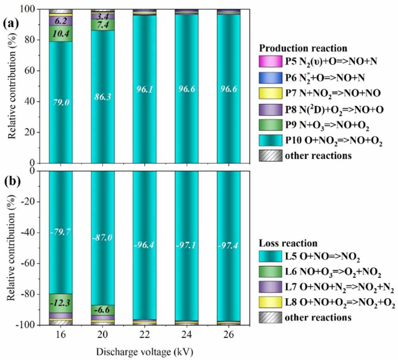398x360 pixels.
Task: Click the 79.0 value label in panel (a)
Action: (x=61, y=102)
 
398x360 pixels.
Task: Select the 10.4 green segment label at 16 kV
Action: (x=61, y=34)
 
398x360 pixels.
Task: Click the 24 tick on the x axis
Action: (x=186, y=336)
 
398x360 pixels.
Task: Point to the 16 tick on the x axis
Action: (x=61, y=336)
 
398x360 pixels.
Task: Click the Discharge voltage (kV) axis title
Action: (x=145, y=352)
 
